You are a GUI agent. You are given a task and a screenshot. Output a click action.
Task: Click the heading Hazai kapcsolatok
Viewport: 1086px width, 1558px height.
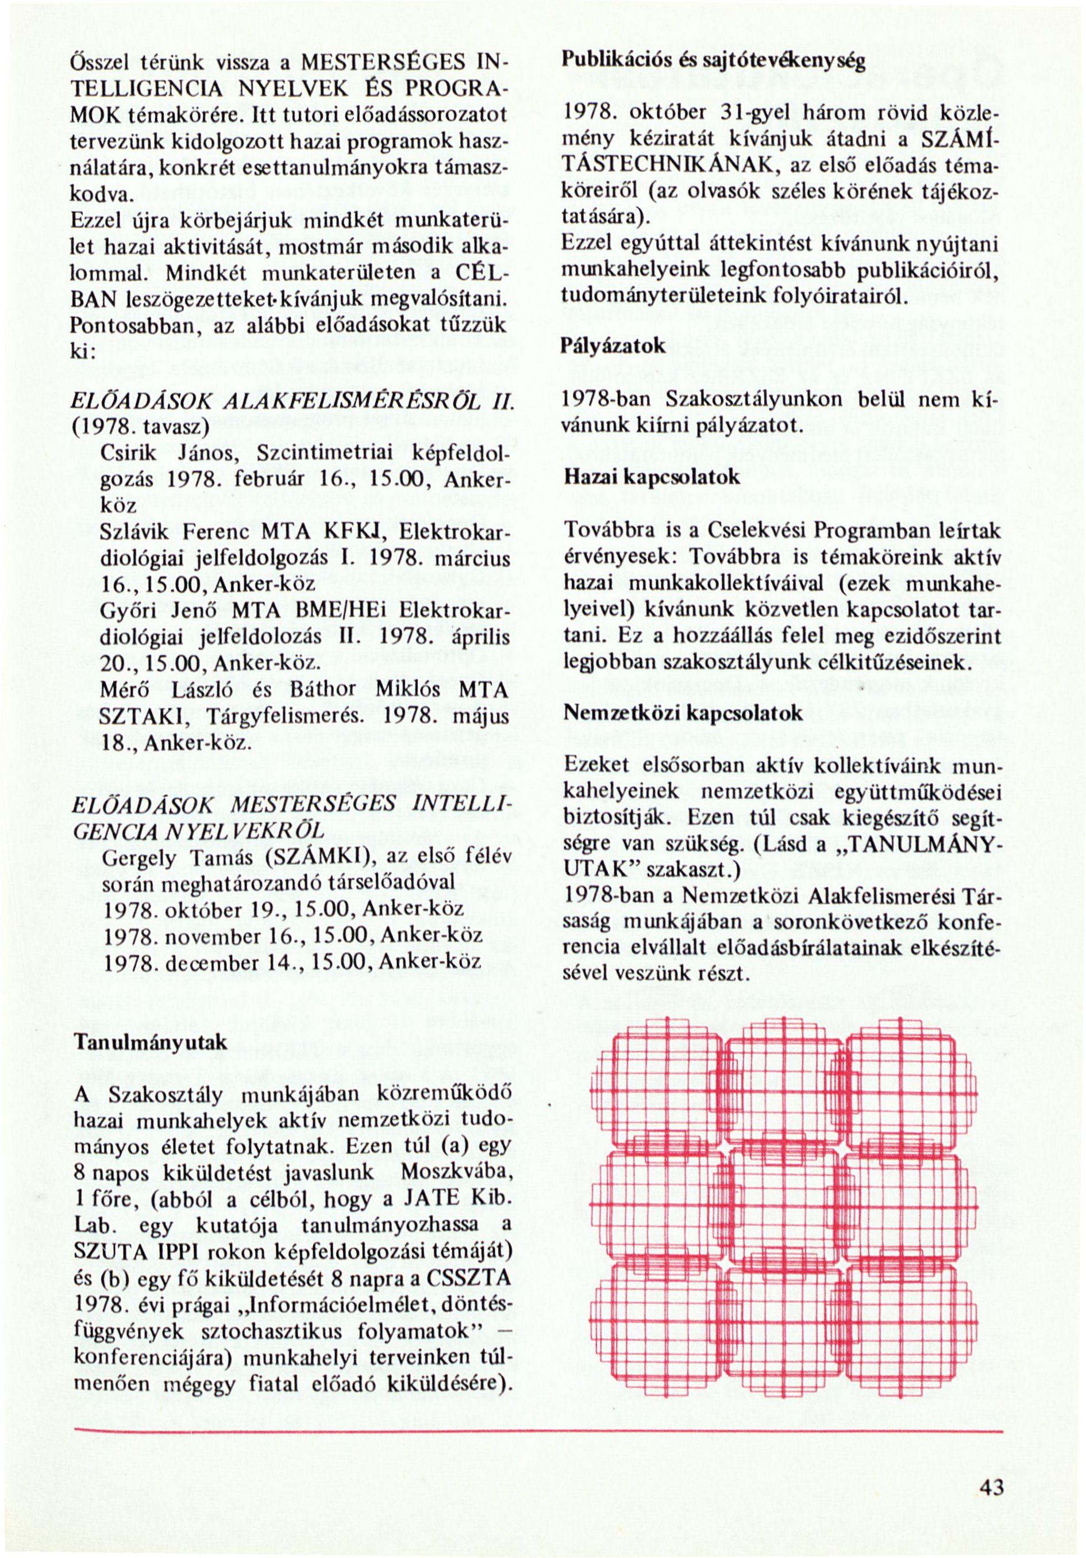(651, 477)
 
